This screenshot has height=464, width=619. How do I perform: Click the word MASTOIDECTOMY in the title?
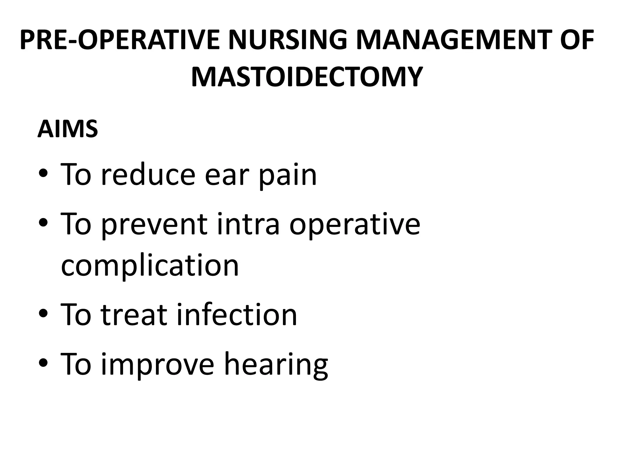[306, 77]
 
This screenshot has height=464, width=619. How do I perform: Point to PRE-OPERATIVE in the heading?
[120, 40]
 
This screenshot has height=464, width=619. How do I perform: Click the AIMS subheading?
[68, 129]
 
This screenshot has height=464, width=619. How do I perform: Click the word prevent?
[154, 225]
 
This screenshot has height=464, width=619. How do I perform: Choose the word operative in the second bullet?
[355, 225]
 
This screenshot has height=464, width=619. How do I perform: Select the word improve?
[157, 365]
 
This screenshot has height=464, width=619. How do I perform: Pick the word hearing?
[276, 365]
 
